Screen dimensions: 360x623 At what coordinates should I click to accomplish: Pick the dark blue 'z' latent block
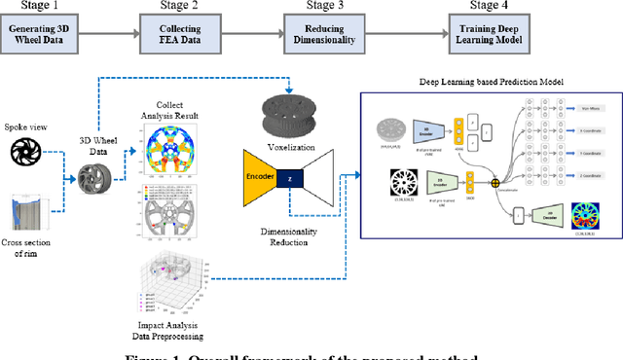point(288,179)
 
